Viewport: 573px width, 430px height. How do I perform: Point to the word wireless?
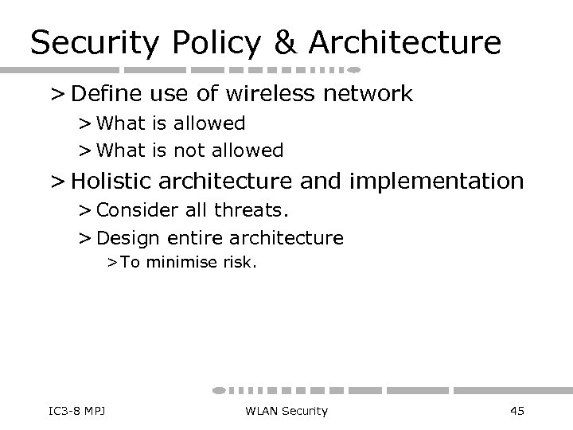pos(262,94)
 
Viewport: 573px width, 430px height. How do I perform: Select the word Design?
pos(127,237)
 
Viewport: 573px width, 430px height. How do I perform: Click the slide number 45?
pos(516,411)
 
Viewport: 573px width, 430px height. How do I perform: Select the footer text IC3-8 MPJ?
pos(67,411)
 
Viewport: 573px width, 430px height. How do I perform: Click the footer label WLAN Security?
pos(286,411)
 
